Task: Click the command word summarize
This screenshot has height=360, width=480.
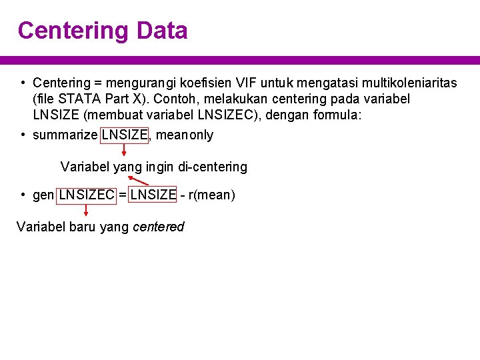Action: click(65, 135)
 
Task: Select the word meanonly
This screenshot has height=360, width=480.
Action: click(185, 135)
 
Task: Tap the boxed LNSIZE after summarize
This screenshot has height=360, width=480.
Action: click(125, 135)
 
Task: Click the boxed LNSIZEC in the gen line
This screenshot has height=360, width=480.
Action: click(87, 195)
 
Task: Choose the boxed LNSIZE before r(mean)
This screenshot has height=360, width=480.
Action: click(153, 195)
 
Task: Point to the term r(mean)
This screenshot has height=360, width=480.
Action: click(212, 195)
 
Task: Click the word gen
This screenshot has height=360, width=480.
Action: click(43, 195)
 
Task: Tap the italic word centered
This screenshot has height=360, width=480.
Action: click(159, 227)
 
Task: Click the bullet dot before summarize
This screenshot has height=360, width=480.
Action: click(23, 135)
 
